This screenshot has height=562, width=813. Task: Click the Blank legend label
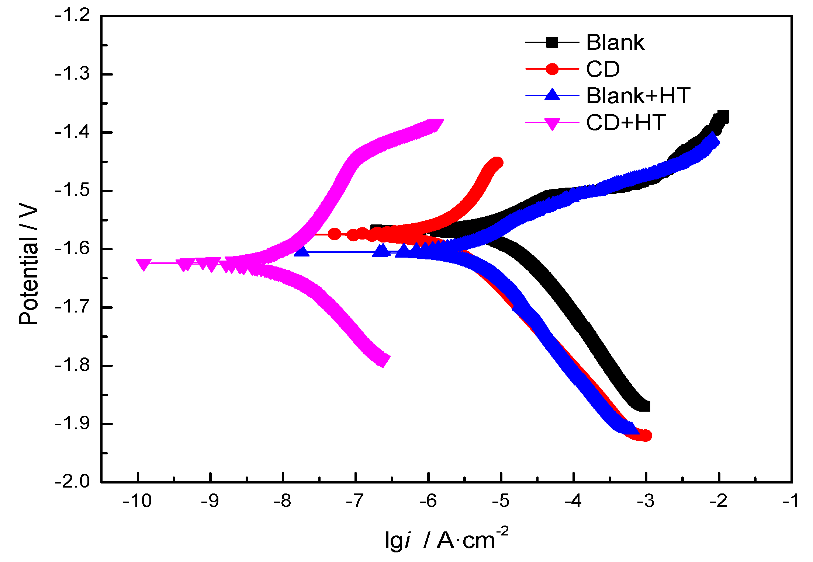point(615,42)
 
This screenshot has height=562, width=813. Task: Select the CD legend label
point(603,69)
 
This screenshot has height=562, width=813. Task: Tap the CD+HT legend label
point(626,122)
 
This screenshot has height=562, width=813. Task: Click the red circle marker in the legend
point(552,69)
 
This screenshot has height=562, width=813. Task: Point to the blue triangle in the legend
point(552,95)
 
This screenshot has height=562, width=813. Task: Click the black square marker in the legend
point(552,42)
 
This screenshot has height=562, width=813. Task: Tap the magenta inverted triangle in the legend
point(552,123)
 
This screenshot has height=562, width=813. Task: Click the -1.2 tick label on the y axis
point(73,16)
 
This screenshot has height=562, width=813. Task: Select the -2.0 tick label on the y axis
point(73,481)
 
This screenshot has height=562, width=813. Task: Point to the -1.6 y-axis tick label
point(73,249)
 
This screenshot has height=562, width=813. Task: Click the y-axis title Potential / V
point(29,263)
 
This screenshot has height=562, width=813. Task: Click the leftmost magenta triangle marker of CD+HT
point(143,264)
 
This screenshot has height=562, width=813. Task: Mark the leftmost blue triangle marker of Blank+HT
point(302,252)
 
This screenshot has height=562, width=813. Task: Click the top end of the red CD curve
point(497,163)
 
